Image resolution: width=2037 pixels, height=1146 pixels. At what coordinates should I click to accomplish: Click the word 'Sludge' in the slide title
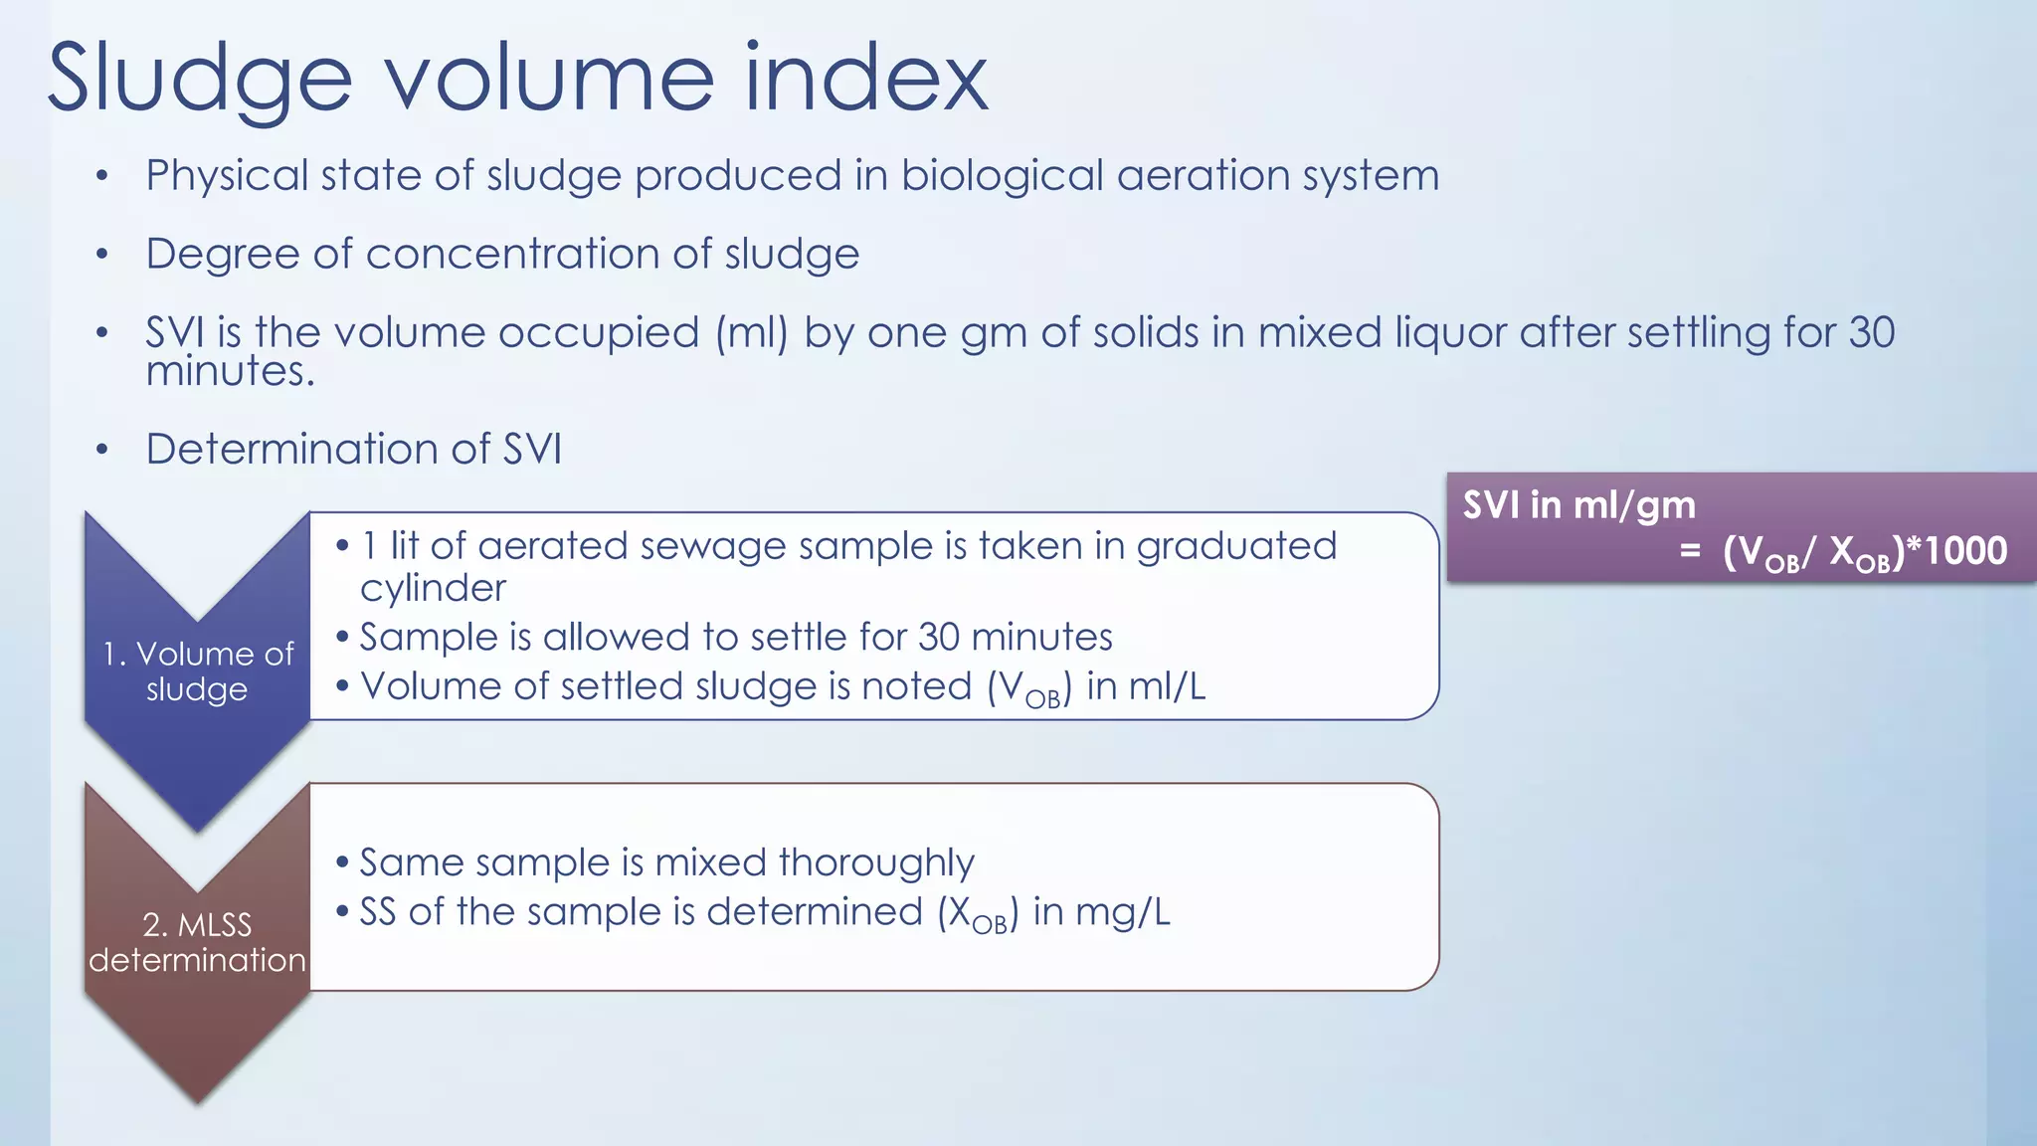199,80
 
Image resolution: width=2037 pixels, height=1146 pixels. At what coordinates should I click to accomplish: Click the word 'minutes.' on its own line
230,372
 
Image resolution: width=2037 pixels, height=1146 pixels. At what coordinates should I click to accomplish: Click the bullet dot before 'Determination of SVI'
101,450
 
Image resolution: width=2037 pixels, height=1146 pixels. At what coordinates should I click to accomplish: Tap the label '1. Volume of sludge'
198,670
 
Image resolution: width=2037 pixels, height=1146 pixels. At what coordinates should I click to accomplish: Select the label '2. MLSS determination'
197,942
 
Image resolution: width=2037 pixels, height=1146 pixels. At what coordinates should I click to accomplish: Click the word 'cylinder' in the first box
433,588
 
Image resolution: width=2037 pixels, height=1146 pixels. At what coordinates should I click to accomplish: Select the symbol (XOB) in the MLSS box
978,913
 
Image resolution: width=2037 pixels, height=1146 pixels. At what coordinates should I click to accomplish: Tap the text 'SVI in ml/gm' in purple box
1578,505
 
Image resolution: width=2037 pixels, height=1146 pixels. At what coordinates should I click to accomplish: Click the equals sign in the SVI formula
1689,551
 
